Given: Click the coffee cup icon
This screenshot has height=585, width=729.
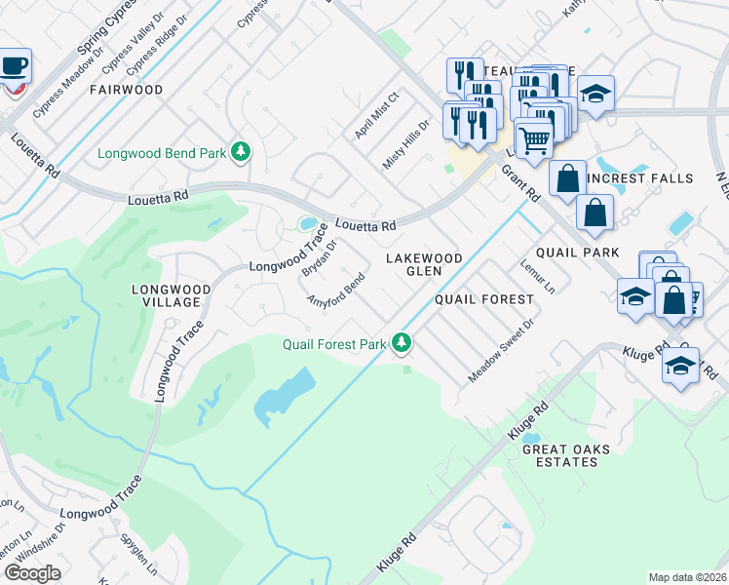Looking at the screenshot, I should coord(14,66).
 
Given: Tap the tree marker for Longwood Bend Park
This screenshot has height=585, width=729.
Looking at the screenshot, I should coord(241,152).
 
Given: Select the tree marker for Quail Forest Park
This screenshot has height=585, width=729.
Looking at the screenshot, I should coord(401,342).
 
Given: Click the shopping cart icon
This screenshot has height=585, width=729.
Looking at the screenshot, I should coord(534,139).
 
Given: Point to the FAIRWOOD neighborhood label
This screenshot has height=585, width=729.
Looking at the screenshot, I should coord(126,90).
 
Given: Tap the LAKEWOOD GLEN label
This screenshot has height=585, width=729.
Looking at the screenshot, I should coord(423,264).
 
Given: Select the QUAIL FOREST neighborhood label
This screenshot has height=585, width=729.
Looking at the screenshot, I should coord(484,299).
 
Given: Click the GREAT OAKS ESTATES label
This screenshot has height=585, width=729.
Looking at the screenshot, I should coord(566,455).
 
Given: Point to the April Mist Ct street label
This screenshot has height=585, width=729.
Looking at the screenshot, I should coord(377,116).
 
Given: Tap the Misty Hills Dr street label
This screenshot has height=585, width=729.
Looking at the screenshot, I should coord(405,145).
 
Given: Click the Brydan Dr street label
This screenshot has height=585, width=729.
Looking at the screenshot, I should coord(319,255).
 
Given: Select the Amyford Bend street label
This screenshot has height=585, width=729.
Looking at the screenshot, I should coord(336,294).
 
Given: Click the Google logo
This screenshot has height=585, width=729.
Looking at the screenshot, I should coord(32,573).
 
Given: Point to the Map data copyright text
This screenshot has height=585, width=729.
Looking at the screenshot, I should coord(686,577).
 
